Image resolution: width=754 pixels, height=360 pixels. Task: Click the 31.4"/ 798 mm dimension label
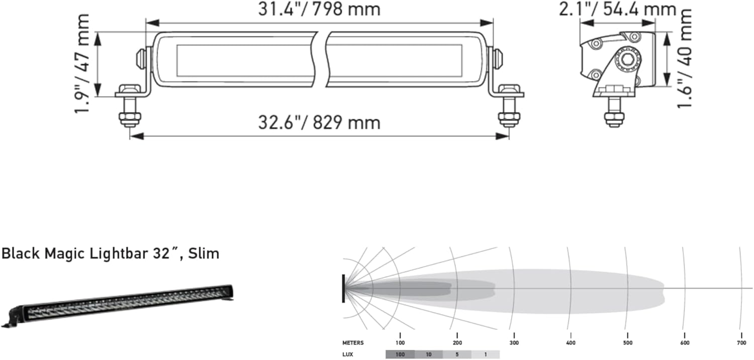point(319,9)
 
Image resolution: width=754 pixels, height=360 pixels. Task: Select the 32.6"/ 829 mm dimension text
point(319,122)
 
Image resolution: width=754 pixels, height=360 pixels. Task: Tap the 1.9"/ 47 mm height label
point(82,64)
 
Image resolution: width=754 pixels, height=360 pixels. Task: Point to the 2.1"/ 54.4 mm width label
point(617,9)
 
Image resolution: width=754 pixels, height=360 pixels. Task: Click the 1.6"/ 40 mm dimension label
point(684,58)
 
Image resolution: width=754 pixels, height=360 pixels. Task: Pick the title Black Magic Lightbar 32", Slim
point(111,253)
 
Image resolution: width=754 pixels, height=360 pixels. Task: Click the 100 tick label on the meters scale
point(400,343)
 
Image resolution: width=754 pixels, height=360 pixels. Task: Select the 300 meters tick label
point(514,343)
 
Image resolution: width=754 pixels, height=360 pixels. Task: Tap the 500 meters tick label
point(628,343)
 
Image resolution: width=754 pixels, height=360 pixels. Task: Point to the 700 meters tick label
point(741,343)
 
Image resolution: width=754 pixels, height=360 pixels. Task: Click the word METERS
point(353,343)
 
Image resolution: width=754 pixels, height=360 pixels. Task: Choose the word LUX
point(348,354)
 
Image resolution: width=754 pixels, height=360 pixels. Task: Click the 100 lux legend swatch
point(400,354)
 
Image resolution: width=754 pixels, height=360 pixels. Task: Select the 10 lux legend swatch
point(428,354)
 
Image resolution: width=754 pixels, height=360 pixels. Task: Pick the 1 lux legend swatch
point(486,354)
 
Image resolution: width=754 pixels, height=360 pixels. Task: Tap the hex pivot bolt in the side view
point(627,60)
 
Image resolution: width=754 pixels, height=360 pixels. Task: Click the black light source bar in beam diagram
point(343,288)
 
